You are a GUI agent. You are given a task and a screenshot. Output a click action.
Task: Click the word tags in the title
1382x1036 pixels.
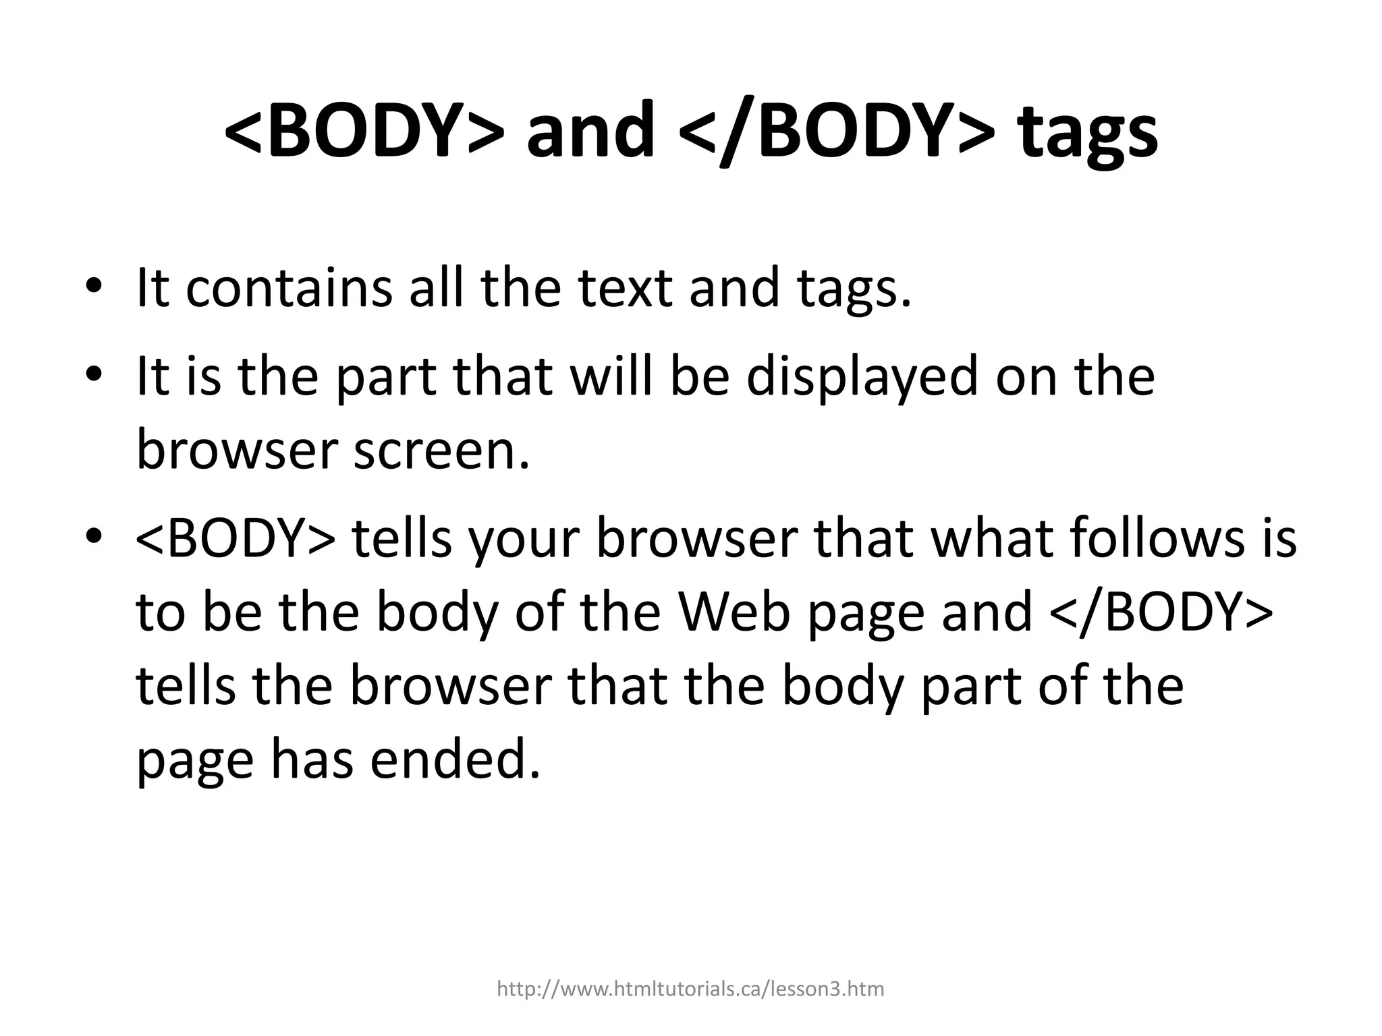point(1088,133)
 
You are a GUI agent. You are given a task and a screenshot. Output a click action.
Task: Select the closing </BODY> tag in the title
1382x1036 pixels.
point(837,129)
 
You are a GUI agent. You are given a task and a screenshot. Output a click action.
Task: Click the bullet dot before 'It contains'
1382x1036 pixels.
point(94,287)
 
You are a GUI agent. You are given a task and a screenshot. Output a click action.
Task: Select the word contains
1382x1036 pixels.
point(288,288)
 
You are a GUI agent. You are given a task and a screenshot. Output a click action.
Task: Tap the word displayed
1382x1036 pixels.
point(862,378)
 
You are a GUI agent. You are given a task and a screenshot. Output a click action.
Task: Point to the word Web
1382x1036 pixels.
point(734,611)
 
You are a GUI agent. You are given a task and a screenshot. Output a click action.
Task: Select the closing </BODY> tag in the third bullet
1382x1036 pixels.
point(1161,611)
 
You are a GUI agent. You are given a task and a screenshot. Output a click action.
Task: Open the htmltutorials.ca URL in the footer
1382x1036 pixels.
point(690,989)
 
